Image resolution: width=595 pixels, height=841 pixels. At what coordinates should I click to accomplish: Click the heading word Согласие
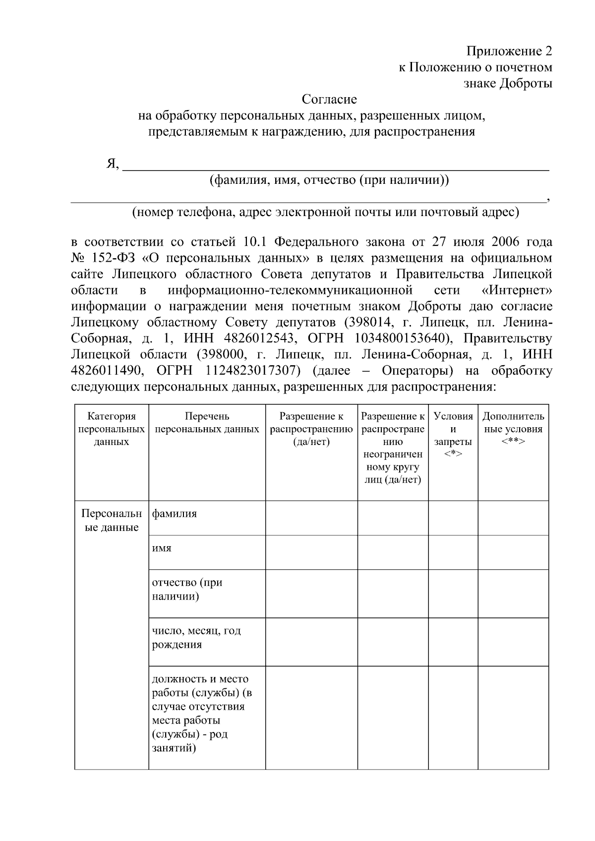(x=329, y=100)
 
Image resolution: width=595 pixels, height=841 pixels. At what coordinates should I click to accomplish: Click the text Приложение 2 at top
(x=509, y=51)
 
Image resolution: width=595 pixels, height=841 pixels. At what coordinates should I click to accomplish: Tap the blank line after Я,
(x=335, y=166)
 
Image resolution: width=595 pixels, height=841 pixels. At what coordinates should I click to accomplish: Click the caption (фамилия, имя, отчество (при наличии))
(x=329, y=180)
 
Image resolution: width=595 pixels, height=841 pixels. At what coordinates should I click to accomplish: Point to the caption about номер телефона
(x=325, y=213)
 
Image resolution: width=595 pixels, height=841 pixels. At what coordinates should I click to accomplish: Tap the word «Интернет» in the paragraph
(x=516, y=290)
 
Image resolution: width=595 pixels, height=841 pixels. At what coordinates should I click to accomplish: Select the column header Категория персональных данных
(x=112, y=429)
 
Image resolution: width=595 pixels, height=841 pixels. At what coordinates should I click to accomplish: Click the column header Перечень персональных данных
(x=207, y=423)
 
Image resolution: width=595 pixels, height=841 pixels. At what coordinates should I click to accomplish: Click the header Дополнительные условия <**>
(x=513, y=429)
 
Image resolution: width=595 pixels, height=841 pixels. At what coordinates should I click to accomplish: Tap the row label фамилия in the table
(x=175, y=514)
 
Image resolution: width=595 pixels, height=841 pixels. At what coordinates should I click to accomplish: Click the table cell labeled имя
(x=162, y=549)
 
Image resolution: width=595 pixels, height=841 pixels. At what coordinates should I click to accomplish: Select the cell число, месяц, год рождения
(x=196, y=638)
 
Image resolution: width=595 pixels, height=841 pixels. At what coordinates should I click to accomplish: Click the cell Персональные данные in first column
(x=112, y=520)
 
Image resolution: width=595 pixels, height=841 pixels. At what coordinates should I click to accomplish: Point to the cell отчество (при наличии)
(x=187, y=589)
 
